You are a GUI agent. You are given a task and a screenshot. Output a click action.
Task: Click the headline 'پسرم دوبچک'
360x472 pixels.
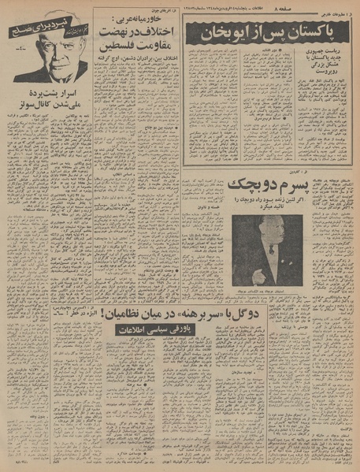264,186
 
